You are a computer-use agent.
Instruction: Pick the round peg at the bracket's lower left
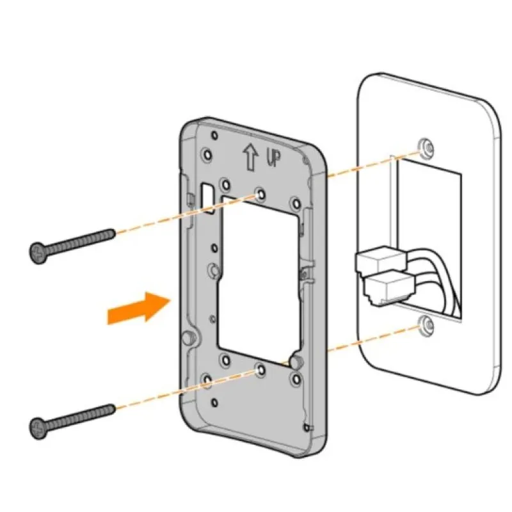coord(189,337)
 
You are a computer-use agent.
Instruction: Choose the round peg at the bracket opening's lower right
coord(295,362)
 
